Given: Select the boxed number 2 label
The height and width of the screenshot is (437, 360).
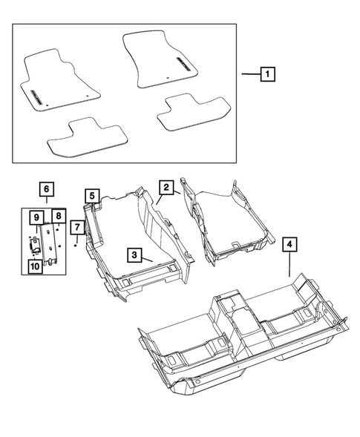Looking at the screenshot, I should pos(166,188).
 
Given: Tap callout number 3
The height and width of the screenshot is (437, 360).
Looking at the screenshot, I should pos(134,255).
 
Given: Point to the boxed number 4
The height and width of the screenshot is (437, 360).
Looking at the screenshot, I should pos(289,243).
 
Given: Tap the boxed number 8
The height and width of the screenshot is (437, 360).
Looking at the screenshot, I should pos(56,217).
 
